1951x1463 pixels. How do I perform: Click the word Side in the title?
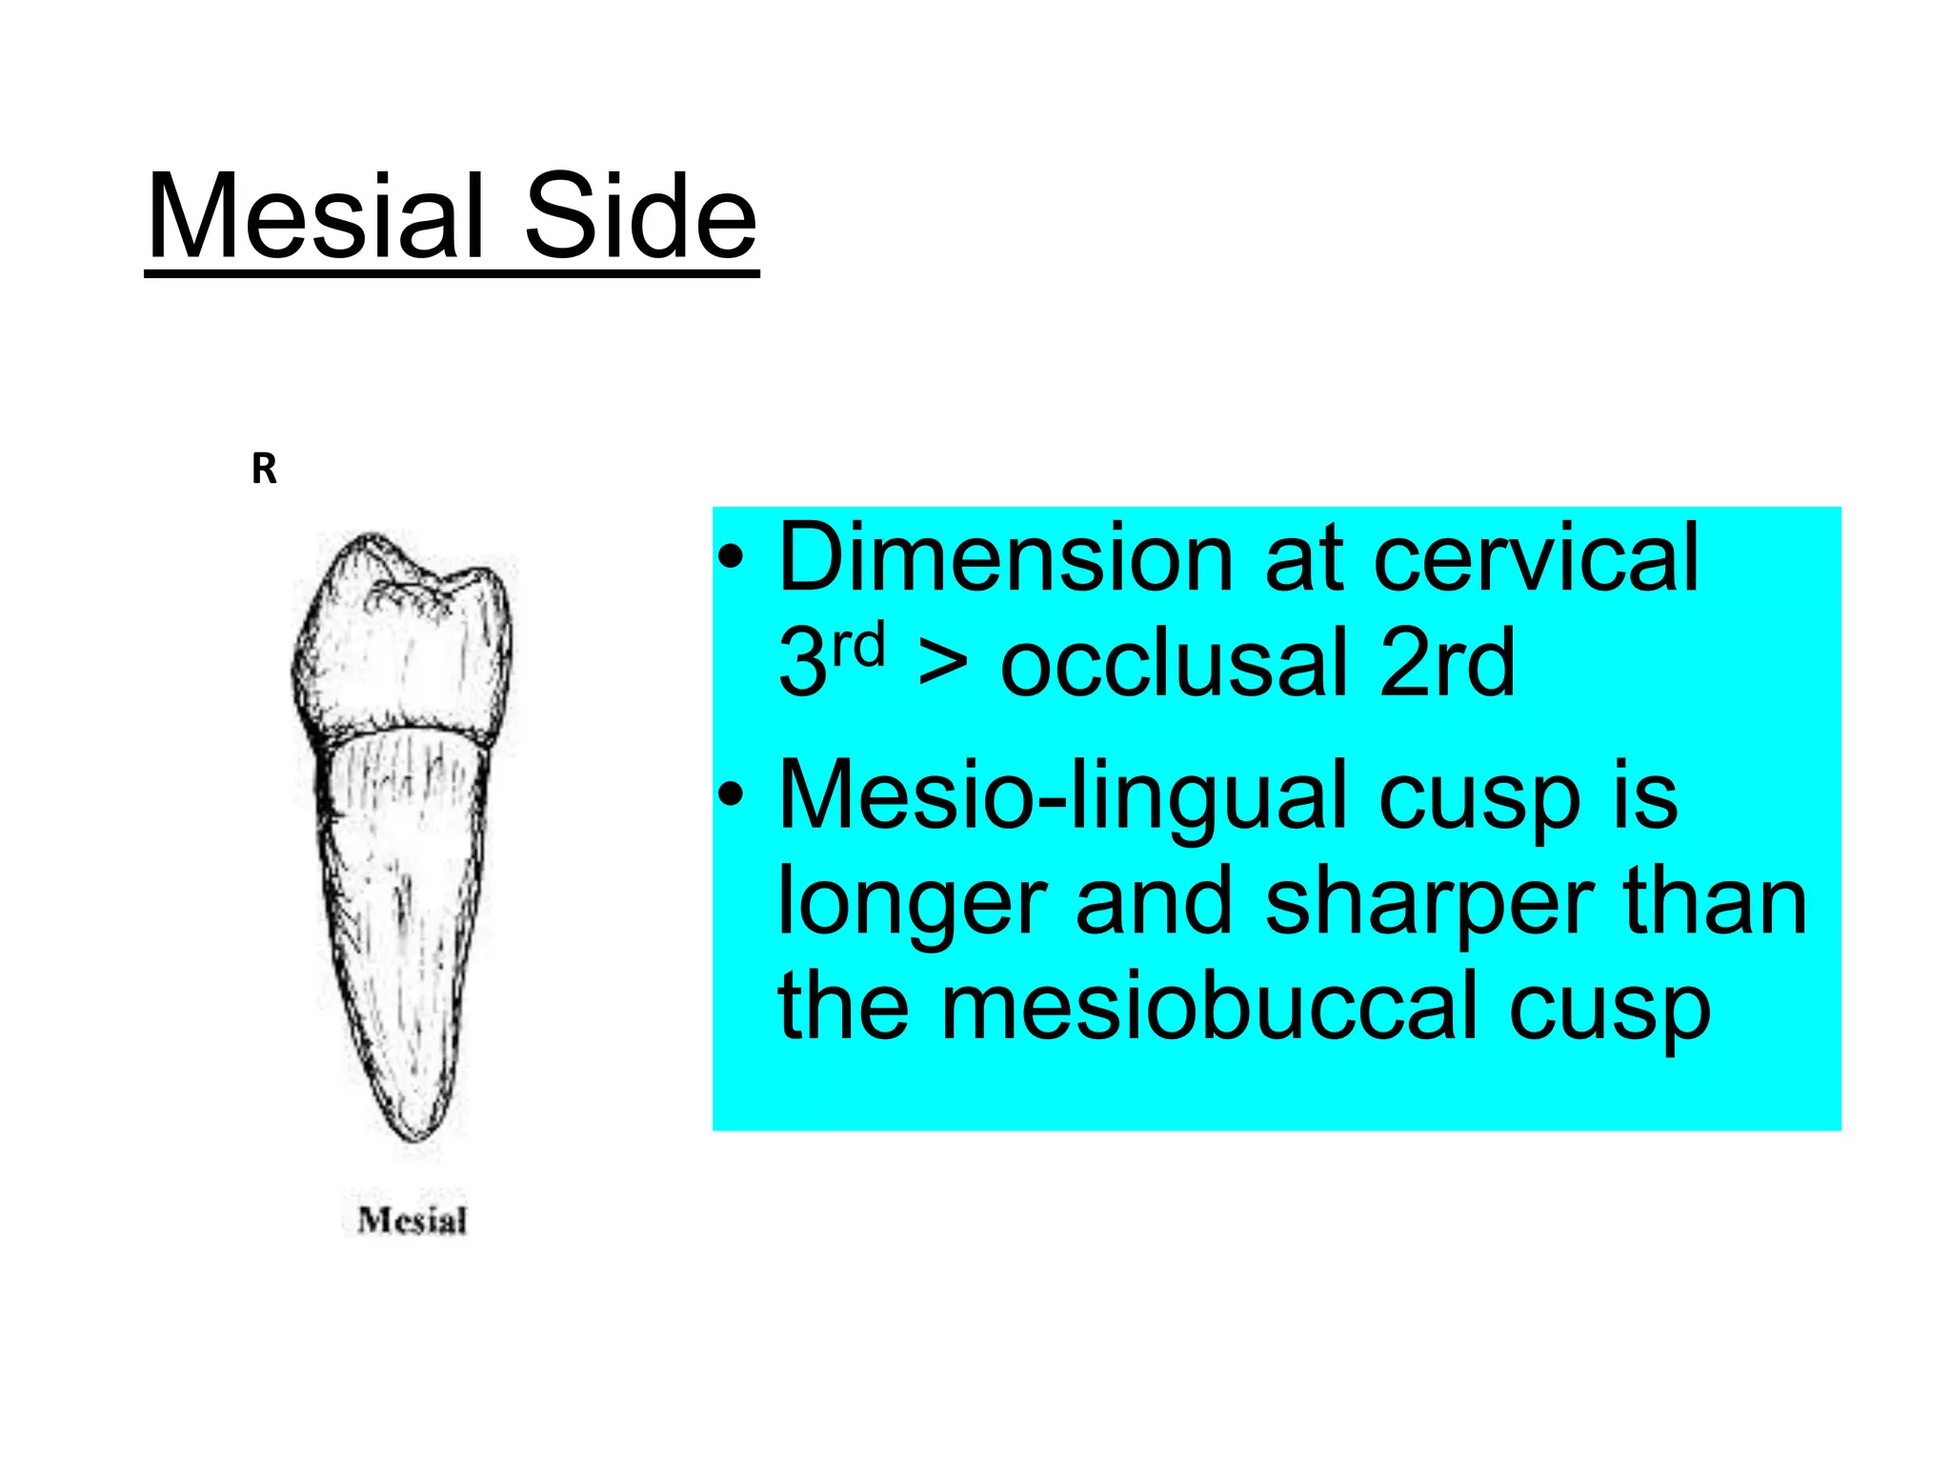(x=640, y=217)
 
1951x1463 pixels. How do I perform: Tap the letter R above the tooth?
(x=264, y=470)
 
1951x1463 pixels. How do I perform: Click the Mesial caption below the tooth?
(x=412, y=1220)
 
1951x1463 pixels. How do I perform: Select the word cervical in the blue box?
(x=1535, y=559)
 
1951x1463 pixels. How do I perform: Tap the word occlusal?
(x=1173, y=663)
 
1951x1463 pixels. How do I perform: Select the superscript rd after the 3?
(x=858, y=646)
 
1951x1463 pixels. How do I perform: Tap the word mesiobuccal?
(x=1210, y=1008)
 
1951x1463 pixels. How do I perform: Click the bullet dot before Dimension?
(x=731, y=559)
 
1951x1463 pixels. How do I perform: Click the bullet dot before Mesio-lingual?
(x=731, y=796)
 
